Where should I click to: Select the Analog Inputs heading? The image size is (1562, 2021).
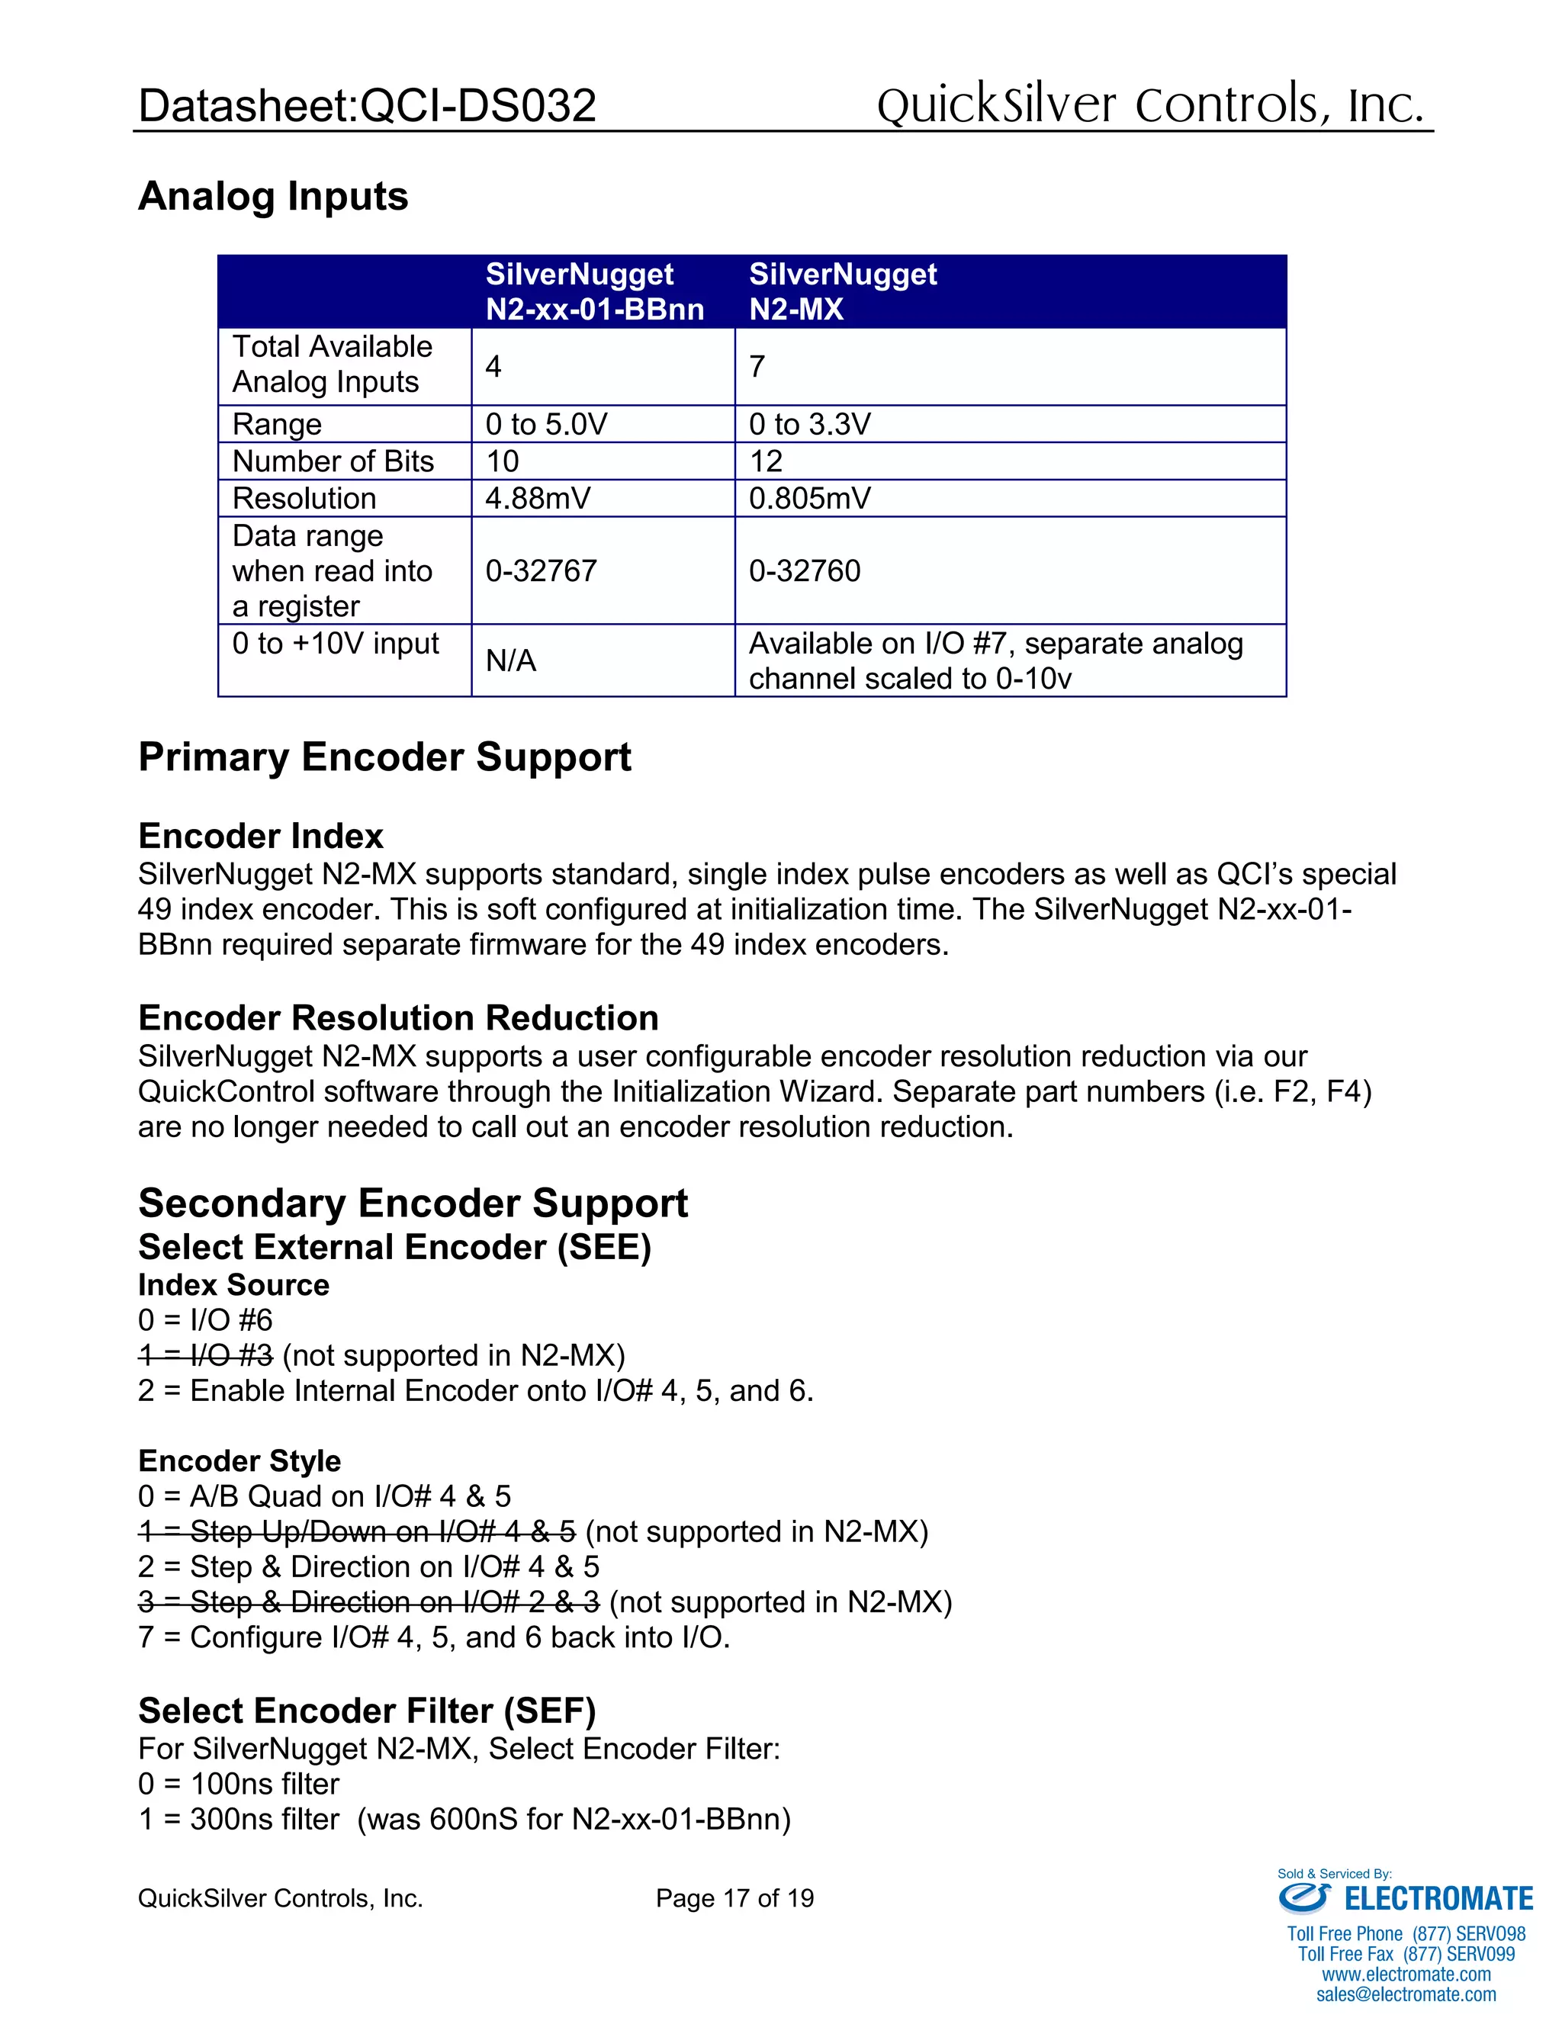pos(273,196)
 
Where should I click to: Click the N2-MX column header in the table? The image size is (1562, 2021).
pos(842,291)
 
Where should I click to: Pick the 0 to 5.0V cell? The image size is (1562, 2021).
pos(546,424)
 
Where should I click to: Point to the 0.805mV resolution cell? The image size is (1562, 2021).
pos(810,498)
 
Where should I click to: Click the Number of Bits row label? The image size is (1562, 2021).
pos(333,461)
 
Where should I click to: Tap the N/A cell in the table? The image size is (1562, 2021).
pos(511,660)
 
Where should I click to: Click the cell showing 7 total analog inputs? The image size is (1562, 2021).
pos(757,366)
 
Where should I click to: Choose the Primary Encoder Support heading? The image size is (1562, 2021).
pos(384,757)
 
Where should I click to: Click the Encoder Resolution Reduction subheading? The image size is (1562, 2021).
pos(398,1018)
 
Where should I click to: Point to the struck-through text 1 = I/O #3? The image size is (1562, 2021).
pos(205,1356)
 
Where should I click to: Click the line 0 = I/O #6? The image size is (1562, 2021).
pos(205,1320)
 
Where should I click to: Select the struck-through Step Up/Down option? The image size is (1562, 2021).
pos(357,1531)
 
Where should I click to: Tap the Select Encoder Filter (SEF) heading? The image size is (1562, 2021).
pos(366,1711)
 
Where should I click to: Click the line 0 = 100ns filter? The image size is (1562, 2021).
pos(239,1784)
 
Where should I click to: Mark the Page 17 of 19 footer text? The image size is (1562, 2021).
pos(734,1899)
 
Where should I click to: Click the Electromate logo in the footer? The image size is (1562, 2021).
pos(1405,1899)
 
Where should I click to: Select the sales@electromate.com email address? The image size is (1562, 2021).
pos(1406,1995)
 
